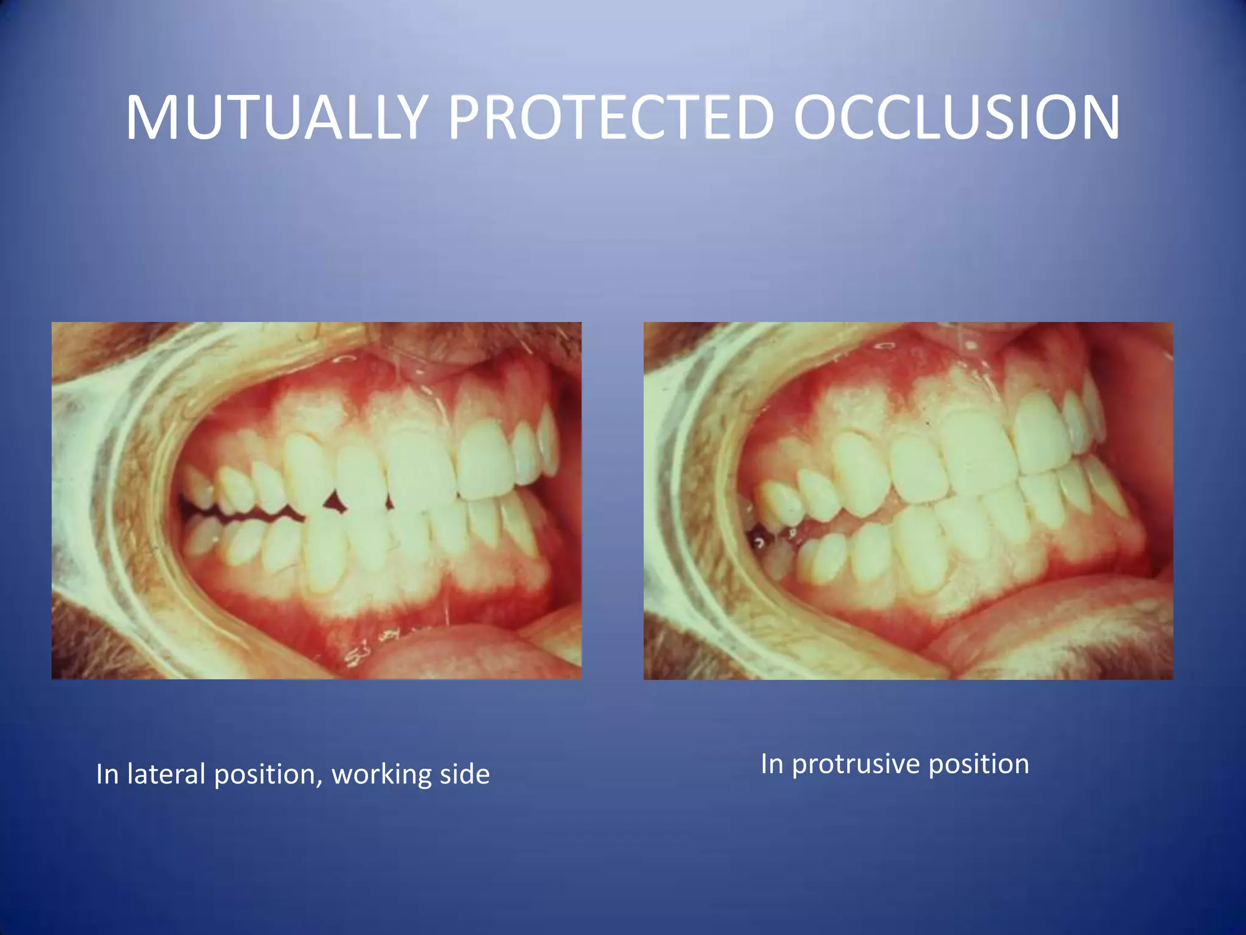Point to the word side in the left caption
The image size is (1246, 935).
coord(462,774)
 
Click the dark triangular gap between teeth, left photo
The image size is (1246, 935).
coord(333,502)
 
